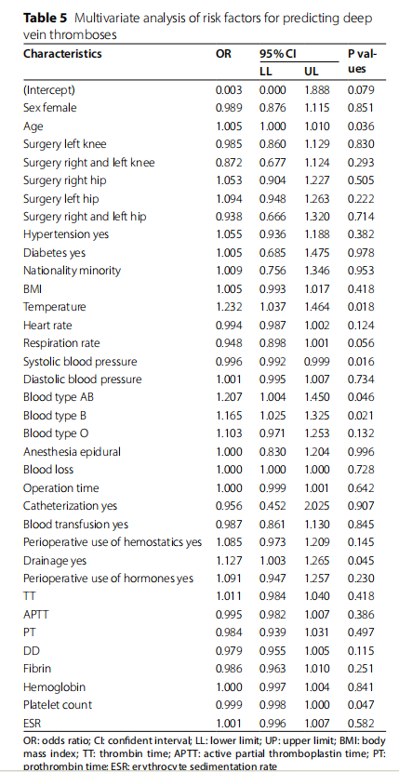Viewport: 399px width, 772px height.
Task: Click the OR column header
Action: pos(223,54)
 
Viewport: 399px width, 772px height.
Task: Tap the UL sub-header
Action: pos(312,72)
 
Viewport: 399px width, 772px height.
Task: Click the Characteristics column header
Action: pos(62,54)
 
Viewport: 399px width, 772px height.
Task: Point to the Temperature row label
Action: pos(54,307)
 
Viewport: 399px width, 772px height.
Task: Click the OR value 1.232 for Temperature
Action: pos(229,307)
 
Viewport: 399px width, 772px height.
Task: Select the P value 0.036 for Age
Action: pos(361,126)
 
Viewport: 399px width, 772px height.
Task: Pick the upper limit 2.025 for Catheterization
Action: pos(317,506)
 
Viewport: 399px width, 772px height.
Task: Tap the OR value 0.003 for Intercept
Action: pos(229,90)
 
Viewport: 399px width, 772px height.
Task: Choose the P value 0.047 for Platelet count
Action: pos(361,705)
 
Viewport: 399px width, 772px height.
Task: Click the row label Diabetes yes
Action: pos(54,253)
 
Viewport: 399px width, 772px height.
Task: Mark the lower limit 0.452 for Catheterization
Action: pos(273,506)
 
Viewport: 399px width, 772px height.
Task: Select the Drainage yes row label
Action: pos(55,560)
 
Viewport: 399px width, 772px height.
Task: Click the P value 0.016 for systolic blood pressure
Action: pos(361,362)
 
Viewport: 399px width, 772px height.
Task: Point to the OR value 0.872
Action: pos(229,163)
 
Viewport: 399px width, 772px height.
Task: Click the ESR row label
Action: pos(32,724)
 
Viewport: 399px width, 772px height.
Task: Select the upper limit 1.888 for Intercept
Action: pos(317,90)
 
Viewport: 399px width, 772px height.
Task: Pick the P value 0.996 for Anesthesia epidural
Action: pos(361,452)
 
